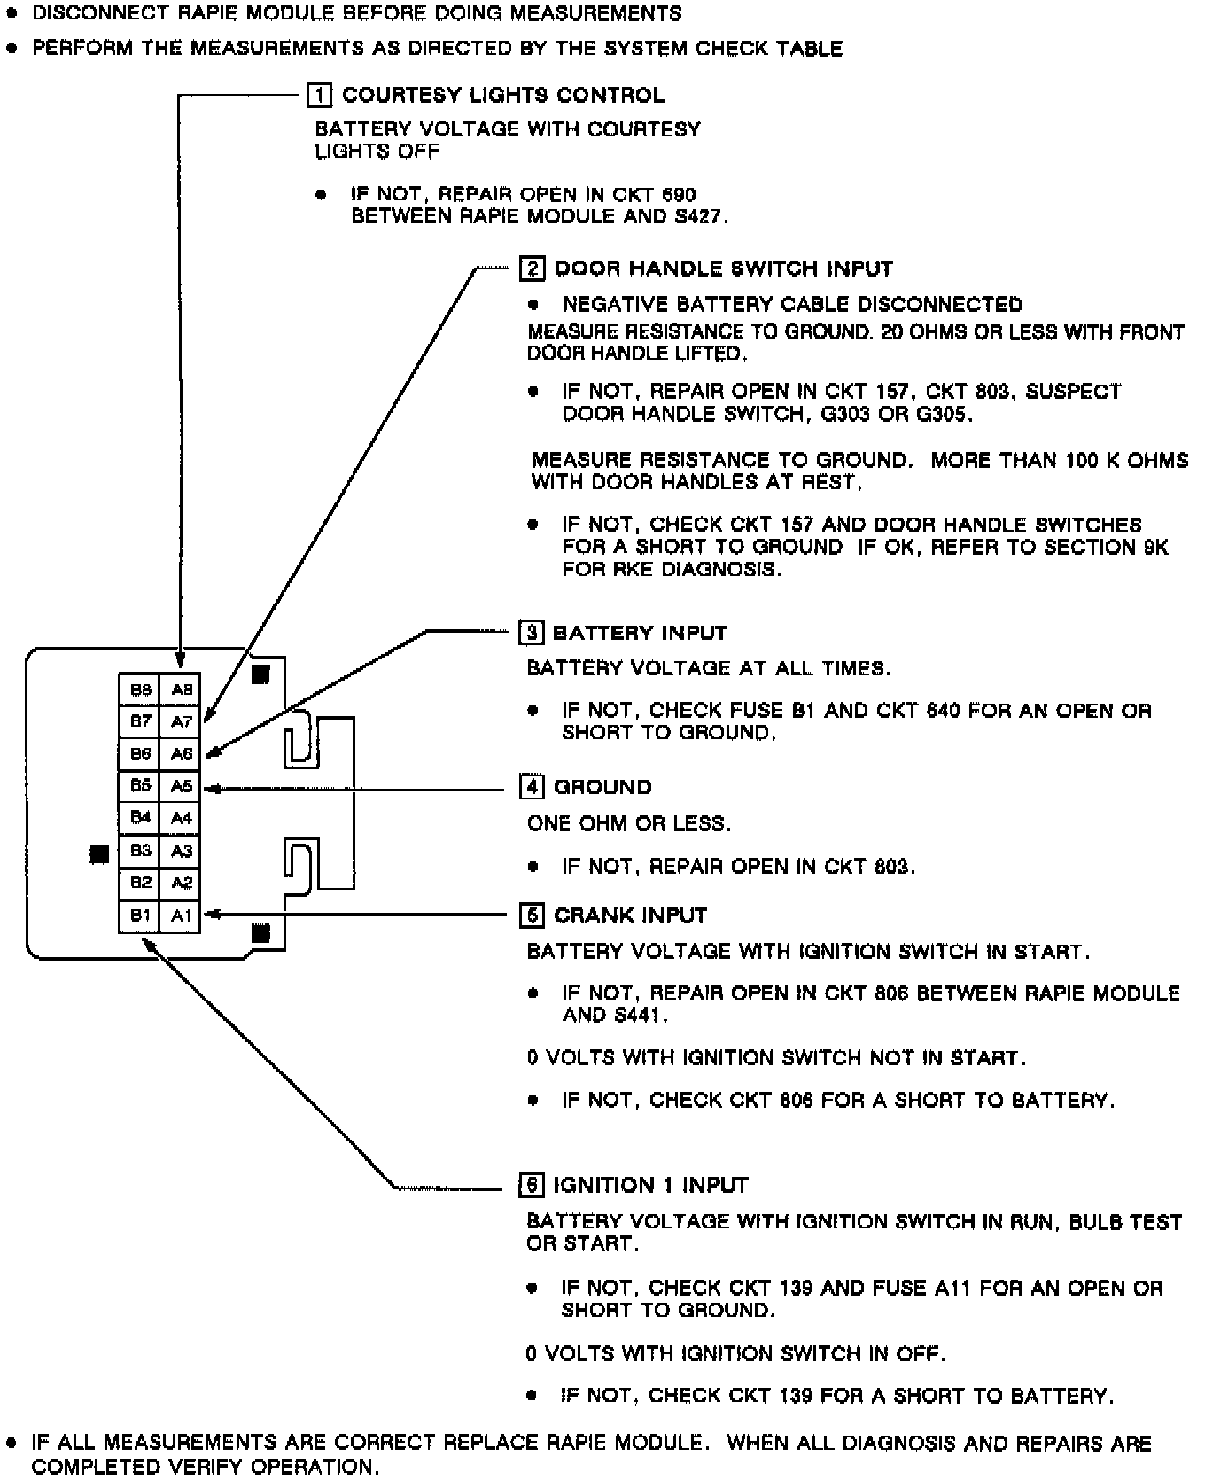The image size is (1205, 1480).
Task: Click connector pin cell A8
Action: point(182,689)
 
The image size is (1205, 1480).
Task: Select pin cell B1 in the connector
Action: point(140,915)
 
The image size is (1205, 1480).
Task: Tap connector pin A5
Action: point(182,786)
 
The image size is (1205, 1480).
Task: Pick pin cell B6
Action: point(140,754)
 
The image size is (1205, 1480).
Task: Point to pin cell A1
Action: point(182,915)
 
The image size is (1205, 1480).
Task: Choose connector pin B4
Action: point(140,818)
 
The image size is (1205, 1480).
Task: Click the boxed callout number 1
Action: point(319,95)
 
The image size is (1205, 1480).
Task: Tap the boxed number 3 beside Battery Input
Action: point(530,633)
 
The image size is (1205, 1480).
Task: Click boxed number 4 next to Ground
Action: point(531,787)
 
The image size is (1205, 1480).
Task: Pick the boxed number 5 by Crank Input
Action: point(531,915)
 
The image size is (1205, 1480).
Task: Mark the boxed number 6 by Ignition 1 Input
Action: point(530,1185)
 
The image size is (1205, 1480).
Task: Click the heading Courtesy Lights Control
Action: point(502,95)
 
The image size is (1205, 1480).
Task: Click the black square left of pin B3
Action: point(100,854)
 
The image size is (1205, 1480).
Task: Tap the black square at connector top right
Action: point(260,674)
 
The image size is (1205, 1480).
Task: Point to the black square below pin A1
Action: point(260,932)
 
